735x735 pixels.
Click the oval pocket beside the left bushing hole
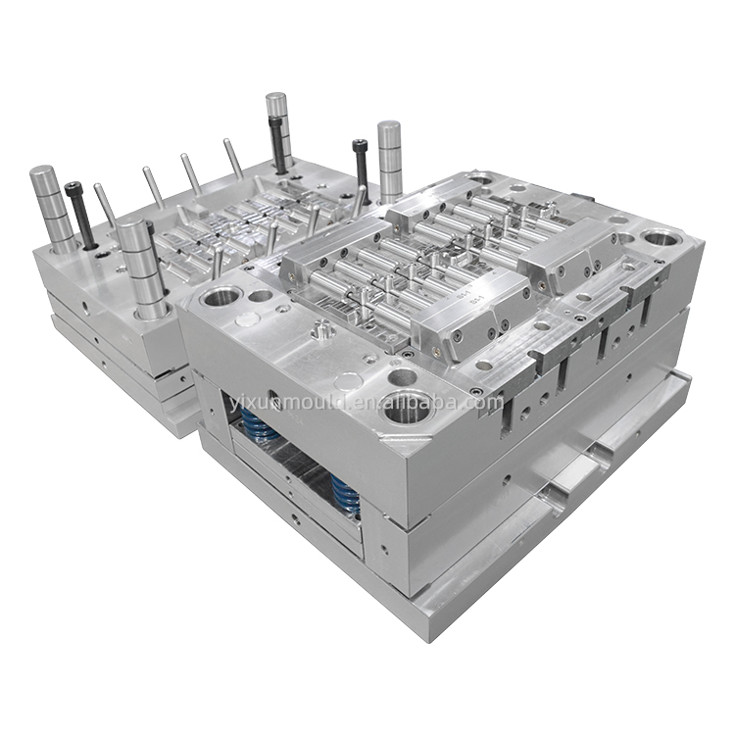click(260, 293)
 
